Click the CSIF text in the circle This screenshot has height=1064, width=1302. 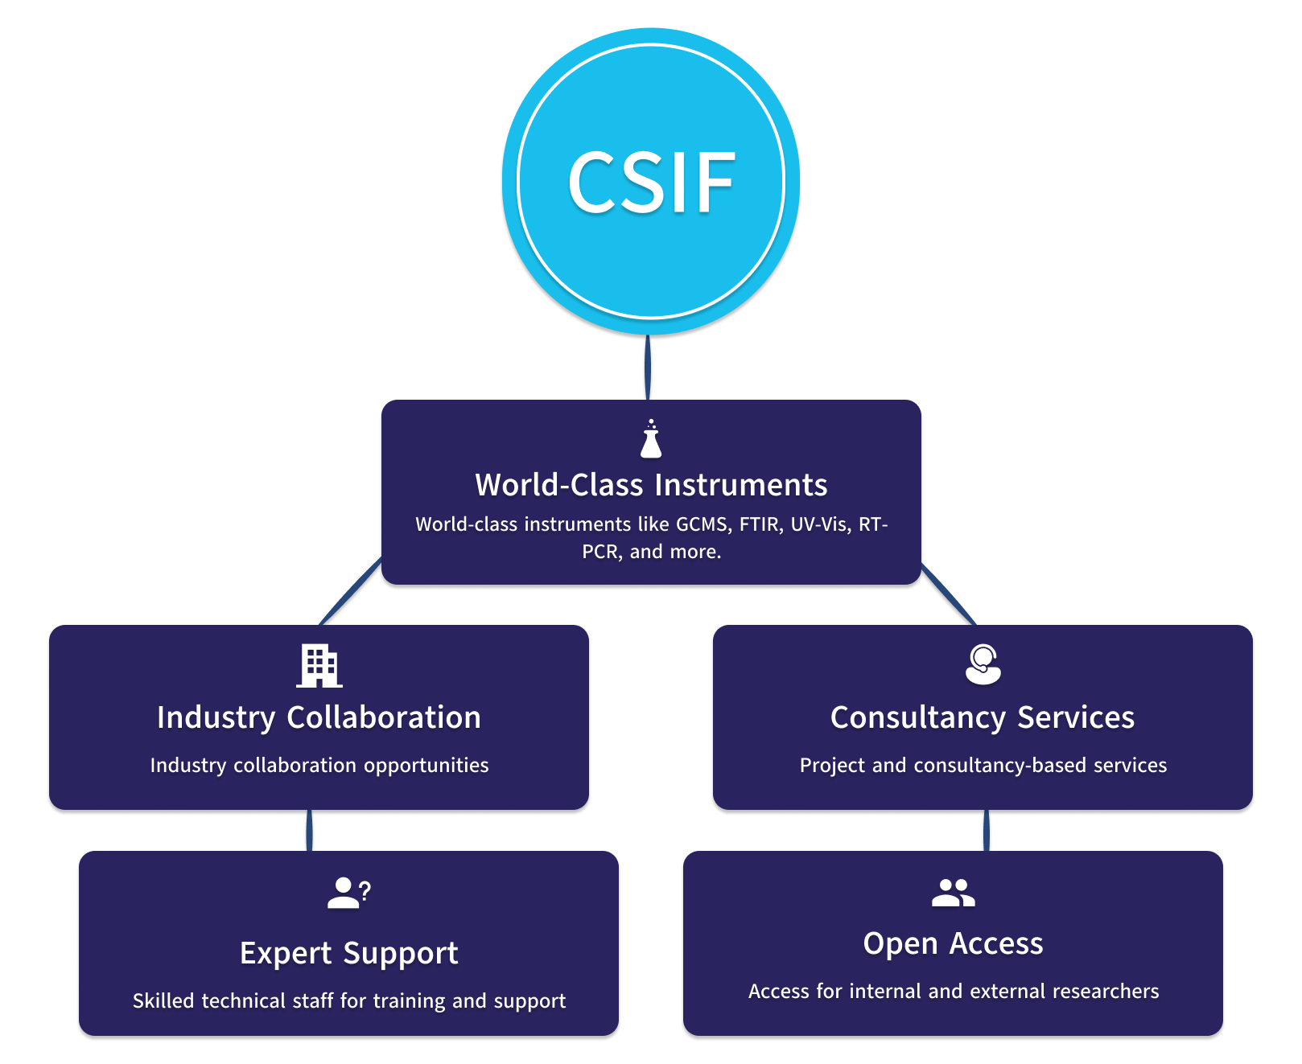[x=651, y=183]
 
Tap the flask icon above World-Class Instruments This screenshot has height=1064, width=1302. [x=651, y=440]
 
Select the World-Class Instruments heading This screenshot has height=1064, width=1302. [x=651, y=485]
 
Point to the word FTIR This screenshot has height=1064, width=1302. [x=760, y=524]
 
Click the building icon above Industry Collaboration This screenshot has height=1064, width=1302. [x=319, y=666]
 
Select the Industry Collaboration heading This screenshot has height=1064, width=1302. [x=319, y=717]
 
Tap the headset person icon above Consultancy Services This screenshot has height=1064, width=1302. [x=983, y=664]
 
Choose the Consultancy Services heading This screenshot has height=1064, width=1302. [x=983, y=717]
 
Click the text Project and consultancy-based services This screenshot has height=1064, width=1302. [x=983, y=765]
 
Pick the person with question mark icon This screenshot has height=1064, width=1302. [x=348, y=893]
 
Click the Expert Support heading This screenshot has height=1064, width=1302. [x=348, y=953]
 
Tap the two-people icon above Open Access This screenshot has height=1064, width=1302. [x=953, y=893]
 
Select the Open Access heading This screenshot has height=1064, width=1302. [x=953, y=943]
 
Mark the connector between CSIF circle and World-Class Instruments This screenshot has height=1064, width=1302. [x=648, y=368]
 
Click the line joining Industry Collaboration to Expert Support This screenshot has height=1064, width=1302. [x=309, y=831]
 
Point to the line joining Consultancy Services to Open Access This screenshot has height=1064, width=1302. [x=987, y=831]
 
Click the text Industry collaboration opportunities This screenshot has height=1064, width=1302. [x=319, y=765]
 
